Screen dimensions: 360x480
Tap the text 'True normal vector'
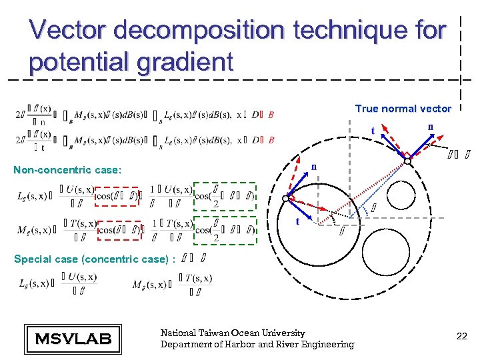[x=403, y=109]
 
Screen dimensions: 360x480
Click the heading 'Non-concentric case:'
[x=67, y=170]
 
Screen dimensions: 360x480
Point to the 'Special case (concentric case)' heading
[x=94, y=259]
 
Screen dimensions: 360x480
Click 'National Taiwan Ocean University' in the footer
[x=232, y=333]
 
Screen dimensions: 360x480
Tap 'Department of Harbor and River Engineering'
[x=257, y=344]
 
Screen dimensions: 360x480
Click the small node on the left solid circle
[x=286, y=199]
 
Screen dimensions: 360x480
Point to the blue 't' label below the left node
[x=298, y=222]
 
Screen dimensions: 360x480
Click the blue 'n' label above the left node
[x=312, y=167]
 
